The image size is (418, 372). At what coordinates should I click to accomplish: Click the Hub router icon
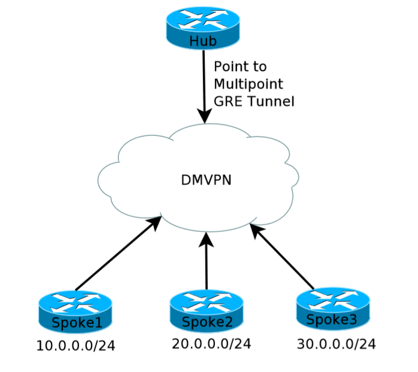click(202, 27)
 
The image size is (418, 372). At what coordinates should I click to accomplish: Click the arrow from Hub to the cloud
click(205, 84)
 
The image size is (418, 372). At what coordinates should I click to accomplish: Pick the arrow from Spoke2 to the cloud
click(207, 264)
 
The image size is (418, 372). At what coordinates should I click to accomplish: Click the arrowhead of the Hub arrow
click(205, 116)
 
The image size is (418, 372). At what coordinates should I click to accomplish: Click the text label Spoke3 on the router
click(332, 320)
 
